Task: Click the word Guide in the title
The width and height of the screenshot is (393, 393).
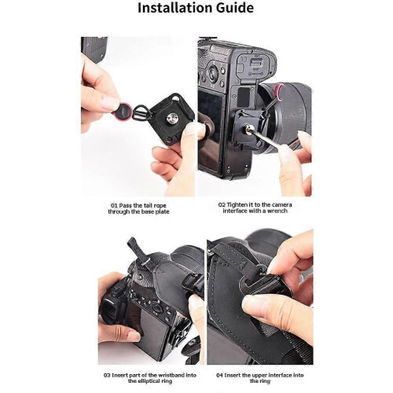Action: pyautogui.click(x=235, y=8)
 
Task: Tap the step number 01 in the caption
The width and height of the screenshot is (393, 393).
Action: pyautogui.click(x=114, y=206)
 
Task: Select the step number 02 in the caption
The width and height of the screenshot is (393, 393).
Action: pyautogui.click(x=222, y=205)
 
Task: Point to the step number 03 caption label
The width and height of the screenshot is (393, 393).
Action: pyautogui.click(x=107, y=375)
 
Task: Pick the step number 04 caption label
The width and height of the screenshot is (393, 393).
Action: pyautogui.click(x=219, y=375)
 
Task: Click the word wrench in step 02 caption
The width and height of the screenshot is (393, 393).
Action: pyautogui.click(x=277, y=211)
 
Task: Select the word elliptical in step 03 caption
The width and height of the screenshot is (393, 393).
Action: pyautogui.click(x=149, y=381)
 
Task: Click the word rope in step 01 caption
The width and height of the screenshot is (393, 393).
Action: pyautogui.click(x=160, y=206)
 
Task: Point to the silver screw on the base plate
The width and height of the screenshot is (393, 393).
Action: pyautogui.click(x=171, y=116)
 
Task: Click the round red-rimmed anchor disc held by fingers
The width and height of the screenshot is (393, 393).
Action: pyautogui.click(x=121, y=109)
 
